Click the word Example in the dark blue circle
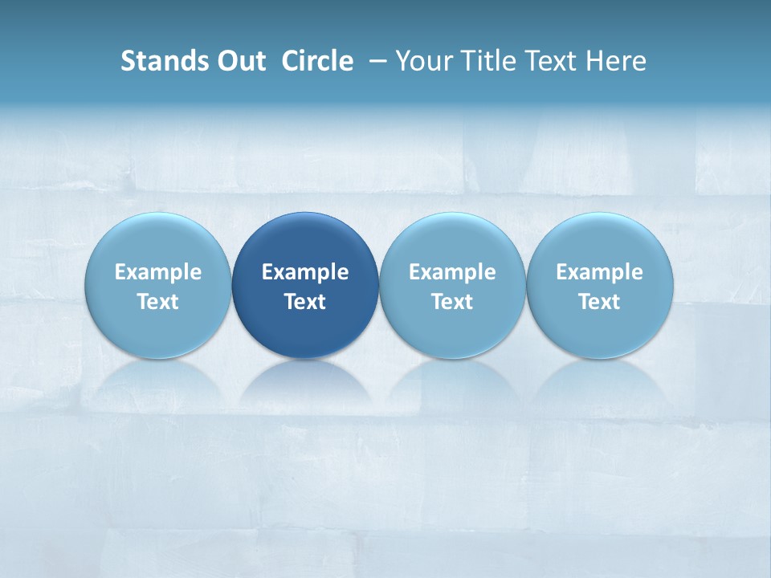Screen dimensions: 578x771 (x=305, y=272)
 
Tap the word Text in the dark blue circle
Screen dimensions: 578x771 (x=305, y=302)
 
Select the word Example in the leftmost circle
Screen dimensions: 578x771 (x=158, y=272)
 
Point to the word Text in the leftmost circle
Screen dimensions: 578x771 (x=158, y=302)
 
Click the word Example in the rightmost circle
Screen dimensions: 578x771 (x=600, y=272)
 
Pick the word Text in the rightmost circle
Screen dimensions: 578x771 (x=600, y=302)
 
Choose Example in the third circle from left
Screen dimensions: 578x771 (x=452, y=272)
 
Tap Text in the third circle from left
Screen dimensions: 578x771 (x=452, y=302)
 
